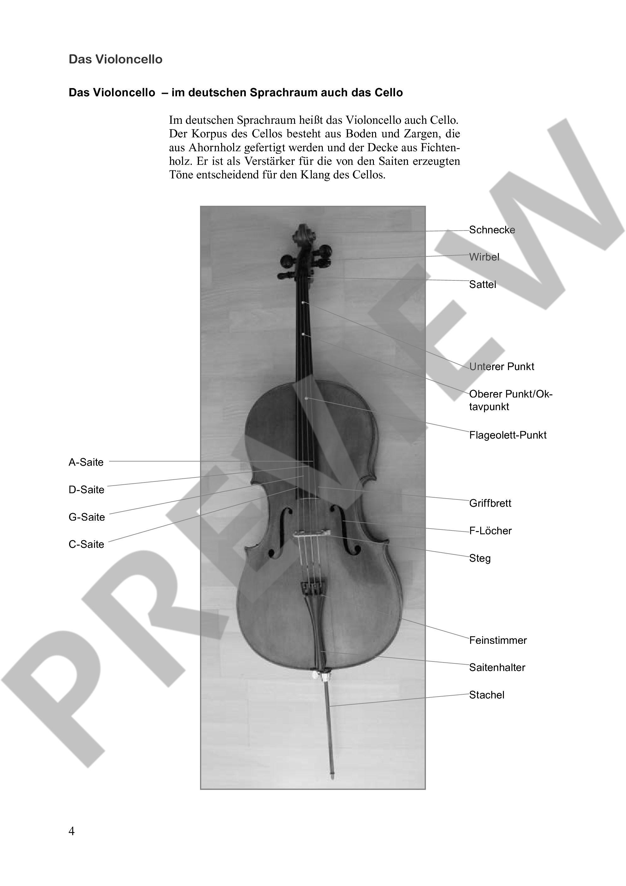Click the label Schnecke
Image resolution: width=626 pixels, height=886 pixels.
(492, 230)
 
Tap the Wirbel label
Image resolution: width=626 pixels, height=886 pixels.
(484, 257)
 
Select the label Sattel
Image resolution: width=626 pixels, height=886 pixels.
(482, 284)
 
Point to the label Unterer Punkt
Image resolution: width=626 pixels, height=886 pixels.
(501, 366)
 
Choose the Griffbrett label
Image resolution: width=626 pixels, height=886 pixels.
(490, 503)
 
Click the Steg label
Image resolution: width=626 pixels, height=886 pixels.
(479, 558)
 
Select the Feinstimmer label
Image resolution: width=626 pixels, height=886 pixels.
(498, 640)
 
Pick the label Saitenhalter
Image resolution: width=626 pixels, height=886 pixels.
(497, 667)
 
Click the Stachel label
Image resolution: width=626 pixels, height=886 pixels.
(486, 695)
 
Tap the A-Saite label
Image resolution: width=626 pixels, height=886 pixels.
(86, 462)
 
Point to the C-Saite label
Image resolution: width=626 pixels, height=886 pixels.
(86, 544)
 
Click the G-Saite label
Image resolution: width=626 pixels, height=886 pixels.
(87, 517)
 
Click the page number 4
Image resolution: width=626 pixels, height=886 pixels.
(72, 831)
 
